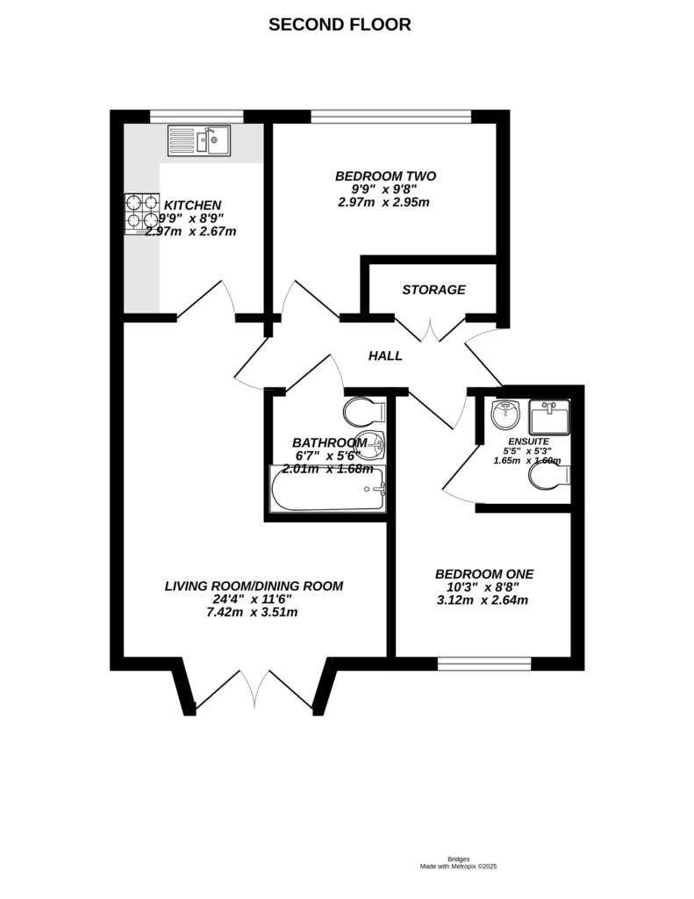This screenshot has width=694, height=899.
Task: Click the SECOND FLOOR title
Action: tap(340, 25)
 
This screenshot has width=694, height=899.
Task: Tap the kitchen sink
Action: tap(199, 140)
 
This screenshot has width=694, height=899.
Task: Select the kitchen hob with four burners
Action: tap(141, 213)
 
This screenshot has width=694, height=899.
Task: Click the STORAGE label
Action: tap(433, 290)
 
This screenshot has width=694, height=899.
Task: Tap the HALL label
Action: tap(385, 356)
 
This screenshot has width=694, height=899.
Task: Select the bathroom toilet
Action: tap(367, 411)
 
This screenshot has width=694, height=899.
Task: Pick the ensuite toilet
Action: tap(551, 475)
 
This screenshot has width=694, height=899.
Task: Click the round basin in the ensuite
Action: tap(505, 413)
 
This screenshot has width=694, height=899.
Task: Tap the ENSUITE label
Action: tap(527, 441)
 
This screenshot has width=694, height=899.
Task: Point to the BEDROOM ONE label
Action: tap(483, 573)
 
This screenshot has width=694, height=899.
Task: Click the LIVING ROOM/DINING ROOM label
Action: tap(254, 586)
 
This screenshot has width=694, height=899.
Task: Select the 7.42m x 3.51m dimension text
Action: tap(254, 612)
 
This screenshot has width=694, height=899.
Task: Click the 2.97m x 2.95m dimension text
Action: tap(383, 202)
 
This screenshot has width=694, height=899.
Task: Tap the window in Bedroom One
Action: tap(484, 664)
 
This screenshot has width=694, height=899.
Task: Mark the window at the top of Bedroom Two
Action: tap(391, 116)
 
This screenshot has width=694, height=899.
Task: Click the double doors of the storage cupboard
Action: tap(431, 328)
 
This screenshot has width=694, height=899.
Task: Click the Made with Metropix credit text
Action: tap(458, 867)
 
